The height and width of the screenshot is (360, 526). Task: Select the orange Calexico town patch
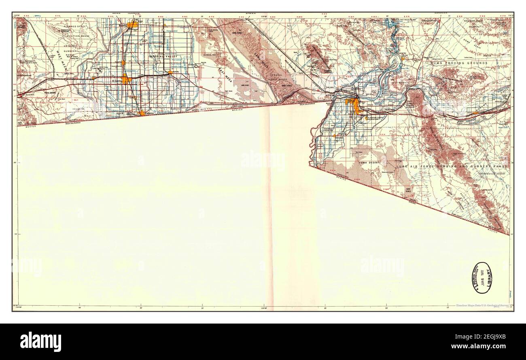pos(142,114)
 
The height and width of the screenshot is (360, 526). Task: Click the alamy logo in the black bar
pos(40,341)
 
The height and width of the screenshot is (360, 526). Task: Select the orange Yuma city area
pos(356,106)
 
